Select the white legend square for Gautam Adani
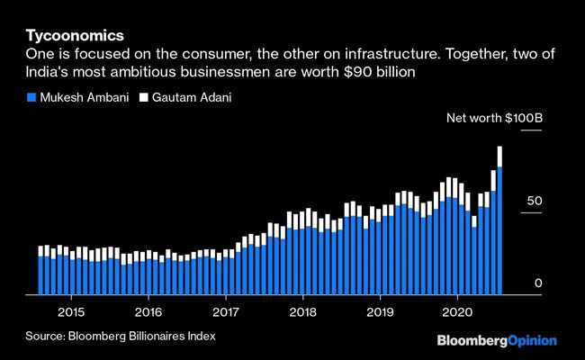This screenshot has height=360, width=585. click(141, 97)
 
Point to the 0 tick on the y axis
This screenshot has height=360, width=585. click(538, 283)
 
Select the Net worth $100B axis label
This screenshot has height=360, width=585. click(495, 118)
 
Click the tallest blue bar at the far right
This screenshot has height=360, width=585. click(499, 229)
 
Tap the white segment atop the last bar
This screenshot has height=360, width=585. click(499, 157)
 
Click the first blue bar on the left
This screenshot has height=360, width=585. click(40, 274)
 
